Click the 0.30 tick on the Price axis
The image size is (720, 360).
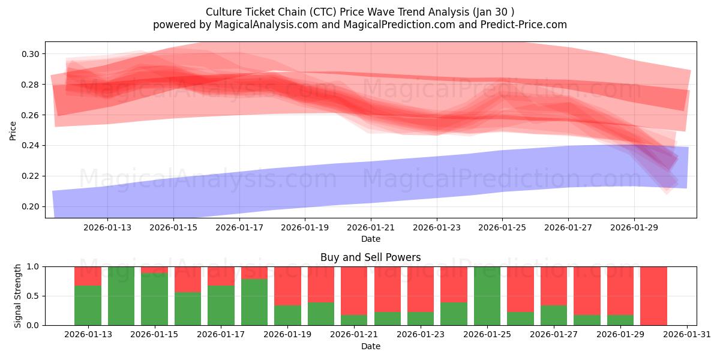tap(31, 54)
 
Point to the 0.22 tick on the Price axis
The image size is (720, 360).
tap(31, 176)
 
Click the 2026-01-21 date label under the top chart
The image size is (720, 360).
tap(371, 227)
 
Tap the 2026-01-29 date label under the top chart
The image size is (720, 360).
tap(634, 227)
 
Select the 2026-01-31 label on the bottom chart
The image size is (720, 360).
tap(686, 335)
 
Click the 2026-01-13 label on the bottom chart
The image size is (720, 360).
tap(88, 335)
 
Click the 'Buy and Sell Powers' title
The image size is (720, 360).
tap(370, 257)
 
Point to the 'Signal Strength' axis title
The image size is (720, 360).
tap(18, 295)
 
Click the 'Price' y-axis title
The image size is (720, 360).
tap(13, 130)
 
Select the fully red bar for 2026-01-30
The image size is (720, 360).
tap(653, 296)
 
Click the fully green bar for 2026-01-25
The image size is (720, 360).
tap(487, 296)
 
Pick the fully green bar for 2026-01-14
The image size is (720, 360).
tap(121, 296)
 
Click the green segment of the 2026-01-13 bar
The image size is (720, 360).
tap(88, 305)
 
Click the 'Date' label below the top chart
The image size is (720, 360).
tap(370, 239)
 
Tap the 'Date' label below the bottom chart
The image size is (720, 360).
tap(370, 346)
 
